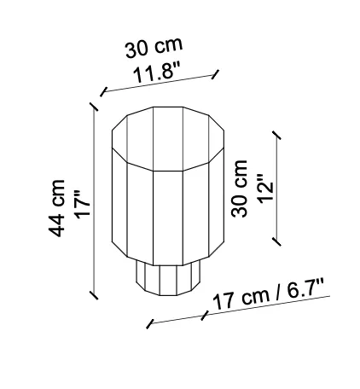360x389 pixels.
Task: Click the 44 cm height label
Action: click(x=57, y=208)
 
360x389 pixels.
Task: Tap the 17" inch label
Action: click(x=82, y=205)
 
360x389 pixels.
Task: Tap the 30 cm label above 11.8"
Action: click(x=154, y=48)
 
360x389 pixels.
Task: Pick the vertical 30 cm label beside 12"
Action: click(x=239, y=189)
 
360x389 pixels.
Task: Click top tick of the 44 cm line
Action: click(x=94, y=107)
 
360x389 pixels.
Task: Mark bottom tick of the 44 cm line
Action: click(x=94, y=295)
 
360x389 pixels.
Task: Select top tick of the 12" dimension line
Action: click(x=276, y=136)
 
